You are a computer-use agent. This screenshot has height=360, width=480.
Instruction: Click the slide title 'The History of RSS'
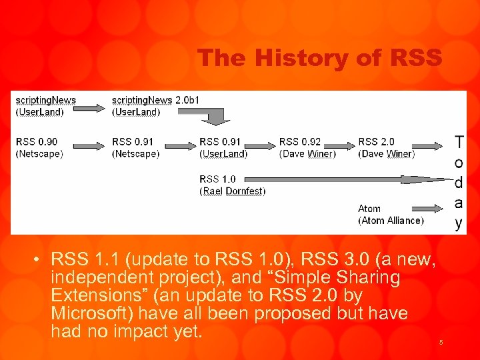click(319, 58)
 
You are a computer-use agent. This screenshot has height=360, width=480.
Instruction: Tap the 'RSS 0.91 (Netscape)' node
click(136, 147)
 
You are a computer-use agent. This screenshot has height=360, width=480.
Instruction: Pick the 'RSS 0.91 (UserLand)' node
click(223, 147)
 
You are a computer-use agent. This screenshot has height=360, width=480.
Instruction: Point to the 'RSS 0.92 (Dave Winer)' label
click(307, 147)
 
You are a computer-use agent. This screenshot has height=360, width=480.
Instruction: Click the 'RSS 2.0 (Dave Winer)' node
click(386, 147)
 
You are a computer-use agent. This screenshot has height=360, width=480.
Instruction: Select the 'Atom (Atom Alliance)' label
click(390, 214)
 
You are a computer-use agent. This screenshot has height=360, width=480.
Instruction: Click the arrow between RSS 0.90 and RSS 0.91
click(87, 145)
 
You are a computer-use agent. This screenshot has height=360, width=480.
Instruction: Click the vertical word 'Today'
click(459, 181)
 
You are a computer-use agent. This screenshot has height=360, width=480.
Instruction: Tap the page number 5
click(441, 343)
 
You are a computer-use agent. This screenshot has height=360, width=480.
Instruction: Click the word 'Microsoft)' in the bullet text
click(90, 313)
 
